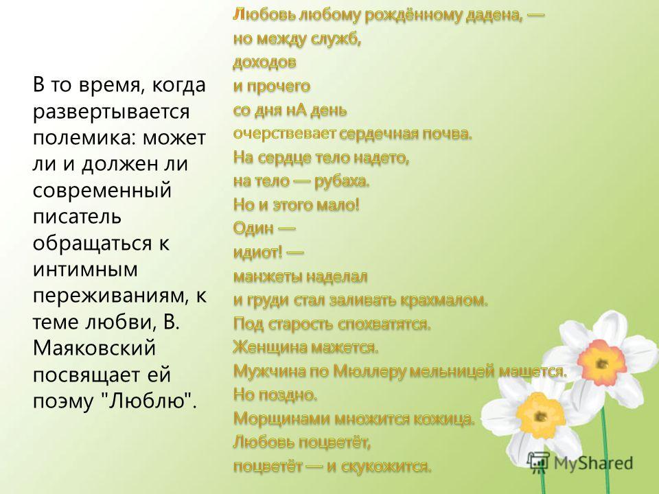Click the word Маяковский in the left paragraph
click(x=94, y=349)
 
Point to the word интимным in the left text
click(x=85, y=269)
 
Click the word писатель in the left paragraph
click(x=77, y=217)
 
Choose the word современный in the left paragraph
click(x=102, y=190)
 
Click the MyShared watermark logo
click(x=581, y=463)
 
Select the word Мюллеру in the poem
click(x=369, y=371)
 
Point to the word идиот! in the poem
click(x=257, y=252)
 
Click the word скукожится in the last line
click(x=385, y=467)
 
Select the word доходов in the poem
click(x=264, y=62)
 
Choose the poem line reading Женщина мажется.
click(x=305, y=347)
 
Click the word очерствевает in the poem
click(x=284, y=134)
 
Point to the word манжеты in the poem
click(x=267, y=277)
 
